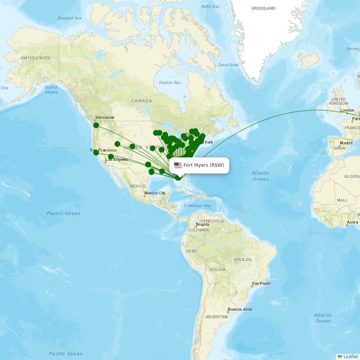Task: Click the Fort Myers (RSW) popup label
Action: [203, 165]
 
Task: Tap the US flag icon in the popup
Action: [178, 165]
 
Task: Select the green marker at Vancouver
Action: [96, 125]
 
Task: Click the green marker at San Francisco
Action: [96, 153]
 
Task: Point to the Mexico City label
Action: [154, 193]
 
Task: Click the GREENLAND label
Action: [263, 8]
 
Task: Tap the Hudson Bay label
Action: [170, 83]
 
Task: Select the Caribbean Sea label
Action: [197, 206]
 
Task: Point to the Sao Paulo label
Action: [261, 283]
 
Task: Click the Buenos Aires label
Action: [240, 309]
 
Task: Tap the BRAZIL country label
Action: [243, 260]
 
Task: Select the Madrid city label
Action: [346, 143]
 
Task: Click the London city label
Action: [347, 110]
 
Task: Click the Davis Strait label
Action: [228, 65]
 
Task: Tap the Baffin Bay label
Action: [210, 7]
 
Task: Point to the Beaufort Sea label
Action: [69, 18]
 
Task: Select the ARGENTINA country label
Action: [217, 317]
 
